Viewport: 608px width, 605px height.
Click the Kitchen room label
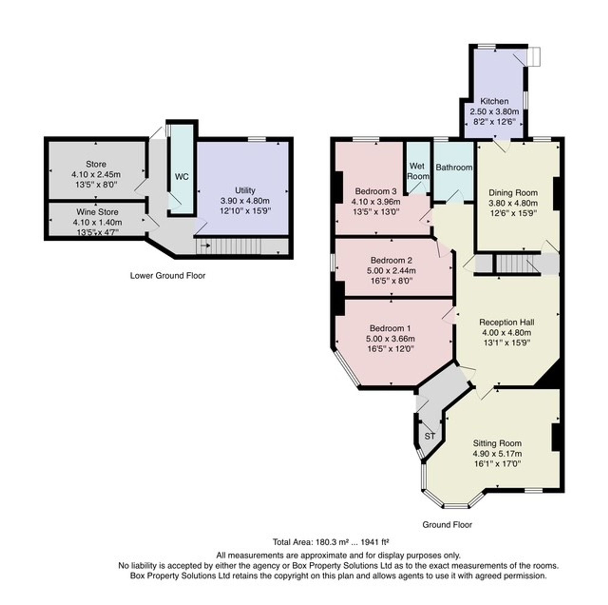(494, 101)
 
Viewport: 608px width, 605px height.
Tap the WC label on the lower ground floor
(181, 177)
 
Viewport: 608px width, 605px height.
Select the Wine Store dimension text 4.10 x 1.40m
(98, 222)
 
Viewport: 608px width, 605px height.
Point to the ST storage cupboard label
(430, 436)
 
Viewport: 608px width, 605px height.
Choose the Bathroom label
(454, 167)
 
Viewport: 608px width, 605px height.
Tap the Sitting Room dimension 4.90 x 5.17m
(497, 453)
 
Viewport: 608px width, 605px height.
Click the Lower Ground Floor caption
(168, 275)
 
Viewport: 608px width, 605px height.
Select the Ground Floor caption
(447, 525)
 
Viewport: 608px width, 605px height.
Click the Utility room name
(245, 190)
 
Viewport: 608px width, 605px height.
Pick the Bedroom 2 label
(391, 260)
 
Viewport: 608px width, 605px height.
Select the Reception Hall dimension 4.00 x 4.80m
(507, 332)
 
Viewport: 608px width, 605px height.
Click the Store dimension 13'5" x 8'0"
(96, 184)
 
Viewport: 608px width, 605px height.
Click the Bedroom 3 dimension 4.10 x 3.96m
(376, 201)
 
